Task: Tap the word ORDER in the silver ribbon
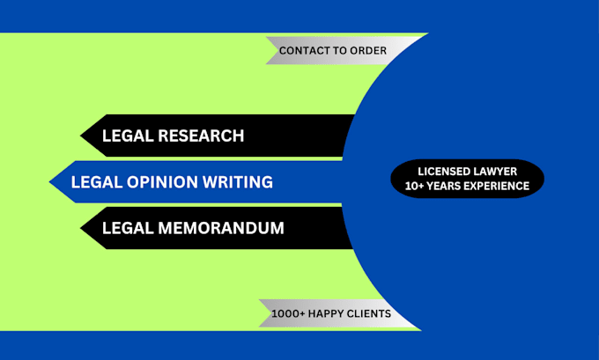[x=368, y=50]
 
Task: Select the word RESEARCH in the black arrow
[x=201, y=136]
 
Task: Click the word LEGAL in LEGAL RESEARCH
[x=128, y=136]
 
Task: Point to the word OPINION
[x=162, y=181]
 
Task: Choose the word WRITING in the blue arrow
[x=238, y=181]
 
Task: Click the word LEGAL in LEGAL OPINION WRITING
[x=96, y=181]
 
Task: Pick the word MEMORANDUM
[x=221, y=228]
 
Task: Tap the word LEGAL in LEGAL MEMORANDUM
[x=128, y=228]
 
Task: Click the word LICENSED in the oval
[x=442, y=172]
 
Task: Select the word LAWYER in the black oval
[x=493, y=172]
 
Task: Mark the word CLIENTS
[x=368, y=313]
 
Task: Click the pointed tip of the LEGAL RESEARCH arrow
[x=81, y=136]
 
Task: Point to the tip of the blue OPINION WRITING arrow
[x=49, y=181]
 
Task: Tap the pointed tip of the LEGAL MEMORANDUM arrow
[x=81, y=228]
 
